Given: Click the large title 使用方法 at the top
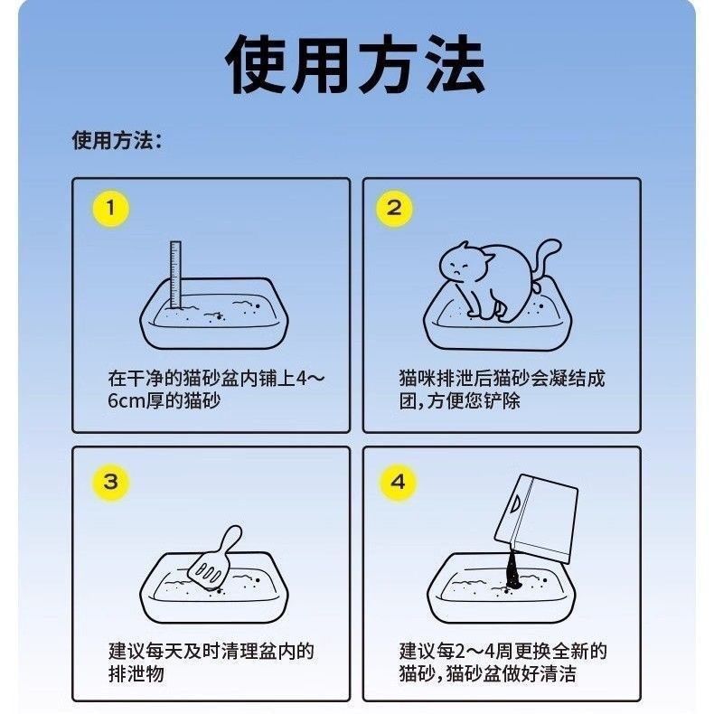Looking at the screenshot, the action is (355, 65).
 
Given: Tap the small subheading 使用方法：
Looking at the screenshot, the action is (117, 140).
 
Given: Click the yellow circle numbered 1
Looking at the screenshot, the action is (111, 209).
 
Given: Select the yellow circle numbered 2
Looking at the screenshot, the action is (394, 209).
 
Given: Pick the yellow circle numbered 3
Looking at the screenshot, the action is (111, 483).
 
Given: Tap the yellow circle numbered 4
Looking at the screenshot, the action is (398, 483).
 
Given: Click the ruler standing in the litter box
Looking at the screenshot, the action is (175, 275).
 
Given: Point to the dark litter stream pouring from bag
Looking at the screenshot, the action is (514, 569).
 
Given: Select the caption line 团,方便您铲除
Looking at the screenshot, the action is (459, 400).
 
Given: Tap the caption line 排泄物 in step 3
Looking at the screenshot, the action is (136, 674).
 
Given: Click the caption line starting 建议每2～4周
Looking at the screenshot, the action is (503, 651).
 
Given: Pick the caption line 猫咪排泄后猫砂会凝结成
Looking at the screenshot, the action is (502, 379).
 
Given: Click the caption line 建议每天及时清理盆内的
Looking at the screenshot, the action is (211, 651).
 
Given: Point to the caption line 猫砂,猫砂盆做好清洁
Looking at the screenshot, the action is (488, 674).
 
